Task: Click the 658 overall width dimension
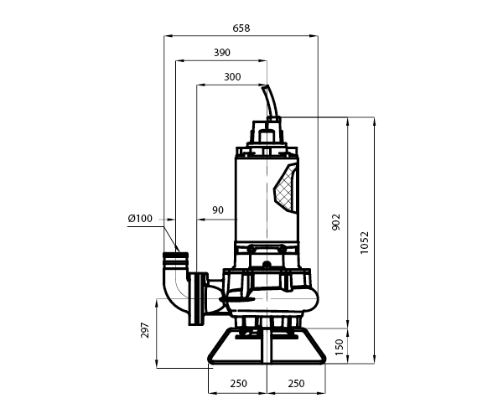[x=241, y=28]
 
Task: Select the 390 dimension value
[x=222, y=52]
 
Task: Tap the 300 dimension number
[x=232, y=77]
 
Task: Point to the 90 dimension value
[x=218, y=210]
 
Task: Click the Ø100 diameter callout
[x=140, y=219]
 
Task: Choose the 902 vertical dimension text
[x=336, y=222]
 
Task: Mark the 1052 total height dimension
[x=365, y=242]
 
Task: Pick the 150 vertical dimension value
[x=339, y=347]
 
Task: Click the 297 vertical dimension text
[x=145, y=330]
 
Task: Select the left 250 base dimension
[x=239, y=384]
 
